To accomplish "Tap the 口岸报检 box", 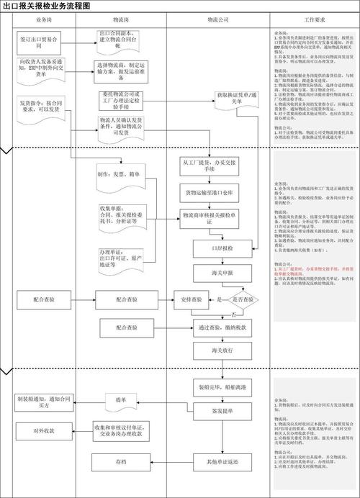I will tap(220, 246).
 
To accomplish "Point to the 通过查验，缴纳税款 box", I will tap(219, 328).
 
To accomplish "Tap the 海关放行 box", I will tap(219, 350).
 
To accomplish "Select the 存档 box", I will tap(120, 461).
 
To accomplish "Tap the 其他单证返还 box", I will tap(219, 461).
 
